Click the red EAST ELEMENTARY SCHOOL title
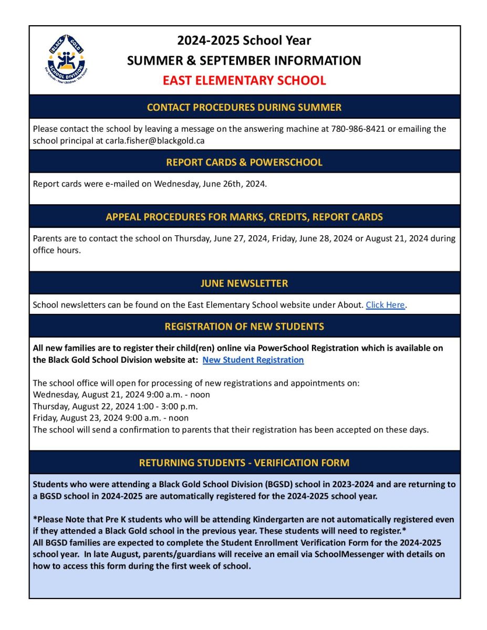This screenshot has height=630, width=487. click(244, 80)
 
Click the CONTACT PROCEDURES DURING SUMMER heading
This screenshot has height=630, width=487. click(244, 107)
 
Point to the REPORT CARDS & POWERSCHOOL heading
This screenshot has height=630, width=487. click(244, 162)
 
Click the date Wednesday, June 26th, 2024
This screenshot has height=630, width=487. click(210, 184)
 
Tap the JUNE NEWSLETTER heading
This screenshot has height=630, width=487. click(244, 283)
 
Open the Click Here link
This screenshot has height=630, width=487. click(385, 305)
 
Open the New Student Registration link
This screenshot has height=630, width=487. click(253, 360)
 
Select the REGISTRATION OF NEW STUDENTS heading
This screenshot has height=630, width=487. click(244, 327)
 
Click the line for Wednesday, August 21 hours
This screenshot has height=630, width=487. click(121, 395)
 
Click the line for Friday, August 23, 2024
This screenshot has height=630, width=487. click(110, 418)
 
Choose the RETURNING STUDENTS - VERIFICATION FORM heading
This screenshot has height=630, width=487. click(244, 463)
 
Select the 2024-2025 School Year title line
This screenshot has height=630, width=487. click(244, 40)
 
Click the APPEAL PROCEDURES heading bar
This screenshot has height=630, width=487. click(244, 217)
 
